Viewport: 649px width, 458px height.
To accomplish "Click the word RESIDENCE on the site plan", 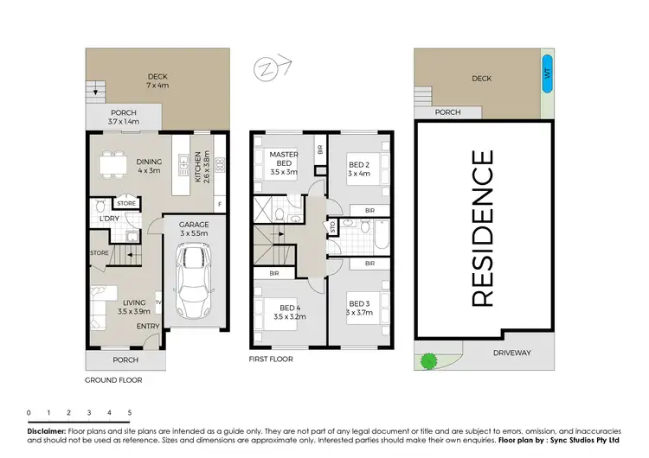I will [483, 228].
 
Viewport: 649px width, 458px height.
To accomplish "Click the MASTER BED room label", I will [285, 163].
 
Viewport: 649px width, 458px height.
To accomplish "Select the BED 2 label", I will [358, 169].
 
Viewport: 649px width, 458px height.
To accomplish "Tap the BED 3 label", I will [358, 308].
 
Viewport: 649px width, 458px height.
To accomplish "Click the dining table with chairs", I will [109, 163].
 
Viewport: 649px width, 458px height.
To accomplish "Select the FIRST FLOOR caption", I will [272, 358].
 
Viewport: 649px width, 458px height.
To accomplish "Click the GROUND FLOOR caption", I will [112, 379].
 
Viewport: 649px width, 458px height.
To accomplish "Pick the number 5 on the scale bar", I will [129, 413].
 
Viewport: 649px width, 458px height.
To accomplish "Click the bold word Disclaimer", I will [46, 429].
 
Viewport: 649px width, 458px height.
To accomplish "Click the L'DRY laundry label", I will [109, 219].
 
